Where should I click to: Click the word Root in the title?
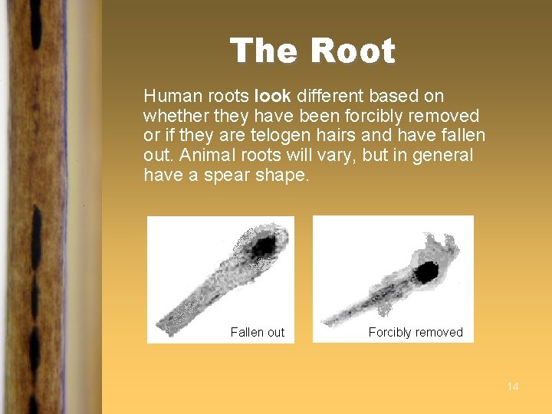click(353, 51)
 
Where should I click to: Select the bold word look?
click(272, 96)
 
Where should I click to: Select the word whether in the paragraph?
click(172, 116)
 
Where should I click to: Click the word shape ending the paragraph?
click(283, 176)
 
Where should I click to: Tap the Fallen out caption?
click(257, 332)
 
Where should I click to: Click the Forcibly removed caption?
click(416, 332)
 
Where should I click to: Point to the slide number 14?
click(513, 386)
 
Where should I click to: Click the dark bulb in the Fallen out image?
click(264, 245)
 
